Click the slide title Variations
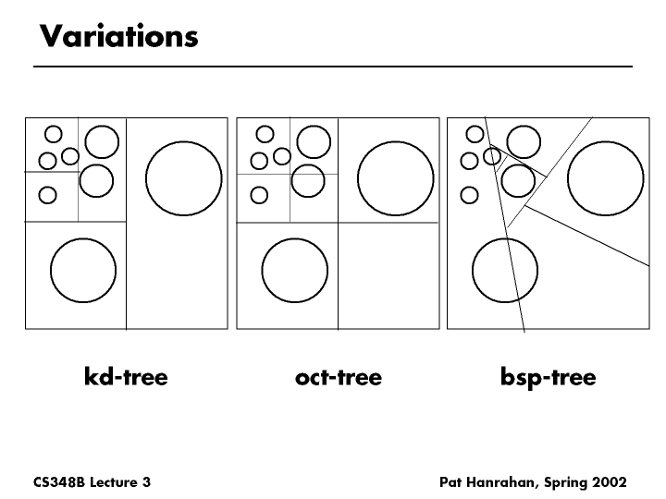pyautogui.click(x=119, y=36)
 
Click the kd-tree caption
pyautogui.click(x=126, y=376)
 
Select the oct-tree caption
pyautogui.click(x=339, y=377)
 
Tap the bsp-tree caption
pyautogui.click(x=549, y=378)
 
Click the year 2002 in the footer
pyautogui.click(x=610, y=482)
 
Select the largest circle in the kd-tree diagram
pyautogui.click(x=183, y=178)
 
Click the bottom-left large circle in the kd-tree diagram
pyautogui.click(x=83, y=270)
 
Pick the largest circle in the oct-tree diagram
pyautogui.click(x=396, y=178)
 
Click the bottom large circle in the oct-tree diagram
pyautogui.click(x=295, y=270)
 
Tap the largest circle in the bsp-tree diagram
pyautogui.click(x=606, y=178)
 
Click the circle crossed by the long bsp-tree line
pyautogui.click(x=505, y=270)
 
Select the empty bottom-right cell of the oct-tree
pyautogui.click(x=388, y=275)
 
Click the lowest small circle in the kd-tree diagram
pyautogui.click(x=47, y=195)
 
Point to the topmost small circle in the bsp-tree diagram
pyautogui.click(x=475, y=134)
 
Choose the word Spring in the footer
pyautogui.click(x=566, y=483)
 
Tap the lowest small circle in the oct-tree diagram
pyautogui.click(x=259, y=195)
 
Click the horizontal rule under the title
pyautogui.click(x=333, y=67)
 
